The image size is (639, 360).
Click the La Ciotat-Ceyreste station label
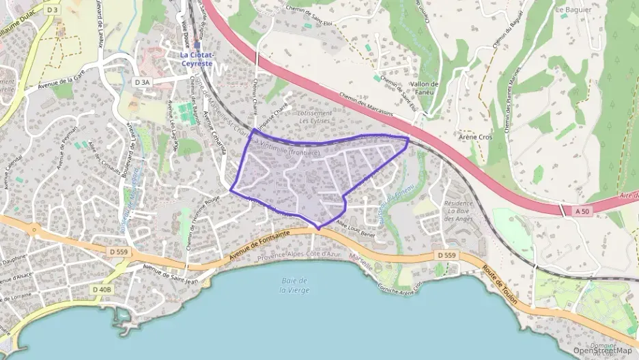click(197, 59)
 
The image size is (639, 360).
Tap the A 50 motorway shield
click(582, 212)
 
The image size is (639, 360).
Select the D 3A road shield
click(142, 82)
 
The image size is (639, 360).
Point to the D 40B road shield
click(100, 289)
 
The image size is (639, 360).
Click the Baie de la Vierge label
click(294, 286)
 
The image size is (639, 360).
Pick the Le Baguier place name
click(573, 10)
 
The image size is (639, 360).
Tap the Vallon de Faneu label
click(424, 88)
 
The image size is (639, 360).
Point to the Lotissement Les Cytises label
click(315, 117)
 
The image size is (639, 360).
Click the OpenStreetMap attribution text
click(602, 350)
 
